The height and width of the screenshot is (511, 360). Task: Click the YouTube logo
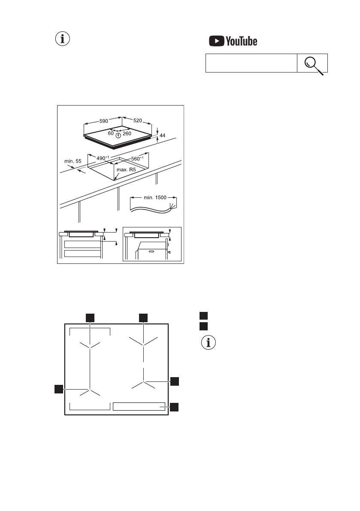(x=233, y=41)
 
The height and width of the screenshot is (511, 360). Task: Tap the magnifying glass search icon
(x=312, y=63)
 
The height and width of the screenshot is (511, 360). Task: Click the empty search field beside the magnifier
(x=251, y=63)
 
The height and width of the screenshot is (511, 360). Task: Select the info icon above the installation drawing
(x=63, y=39)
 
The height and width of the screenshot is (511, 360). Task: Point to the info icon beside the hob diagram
(x=209, y=343)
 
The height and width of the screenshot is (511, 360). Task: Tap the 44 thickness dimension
(x=162, y=136)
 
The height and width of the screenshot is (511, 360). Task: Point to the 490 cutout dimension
(x=100, y=158)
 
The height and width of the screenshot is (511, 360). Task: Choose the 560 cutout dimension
(x=137, y=158)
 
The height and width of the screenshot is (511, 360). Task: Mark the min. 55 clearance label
(x=73, y=161)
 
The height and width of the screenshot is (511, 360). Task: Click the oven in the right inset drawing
(x=151, y=251)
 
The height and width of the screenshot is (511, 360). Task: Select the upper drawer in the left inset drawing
(x=82, y=245)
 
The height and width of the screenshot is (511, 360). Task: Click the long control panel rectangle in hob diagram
(x=139, y=407)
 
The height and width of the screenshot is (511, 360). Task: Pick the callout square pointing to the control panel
(x=174, y=407)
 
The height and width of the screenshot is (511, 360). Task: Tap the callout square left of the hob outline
(x=59, y=389)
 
